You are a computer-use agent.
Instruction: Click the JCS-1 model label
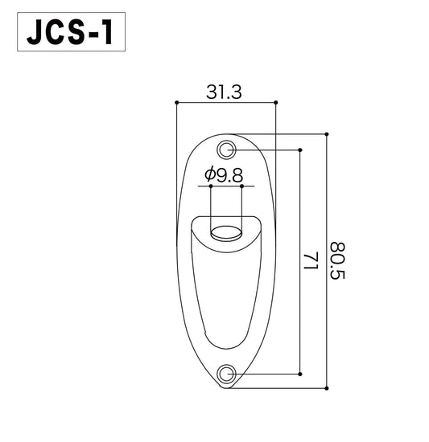70,35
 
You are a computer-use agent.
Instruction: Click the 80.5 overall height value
337,262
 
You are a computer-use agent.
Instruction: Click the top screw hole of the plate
228,149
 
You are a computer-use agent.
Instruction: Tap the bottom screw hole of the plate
228,373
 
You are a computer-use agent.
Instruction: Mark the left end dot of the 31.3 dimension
176,102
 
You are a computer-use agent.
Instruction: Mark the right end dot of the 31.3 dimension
276,102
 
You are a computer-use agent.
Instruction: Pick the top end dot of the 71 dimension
300,149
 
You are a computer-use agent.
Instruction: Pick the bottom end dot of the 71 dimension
300,373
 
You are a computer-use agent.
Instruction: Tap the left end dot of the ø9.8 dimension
210,185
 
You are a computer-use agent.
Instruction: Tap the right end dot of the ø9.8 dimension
241,185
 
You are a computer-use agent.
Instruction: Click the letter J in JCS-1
35,35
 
